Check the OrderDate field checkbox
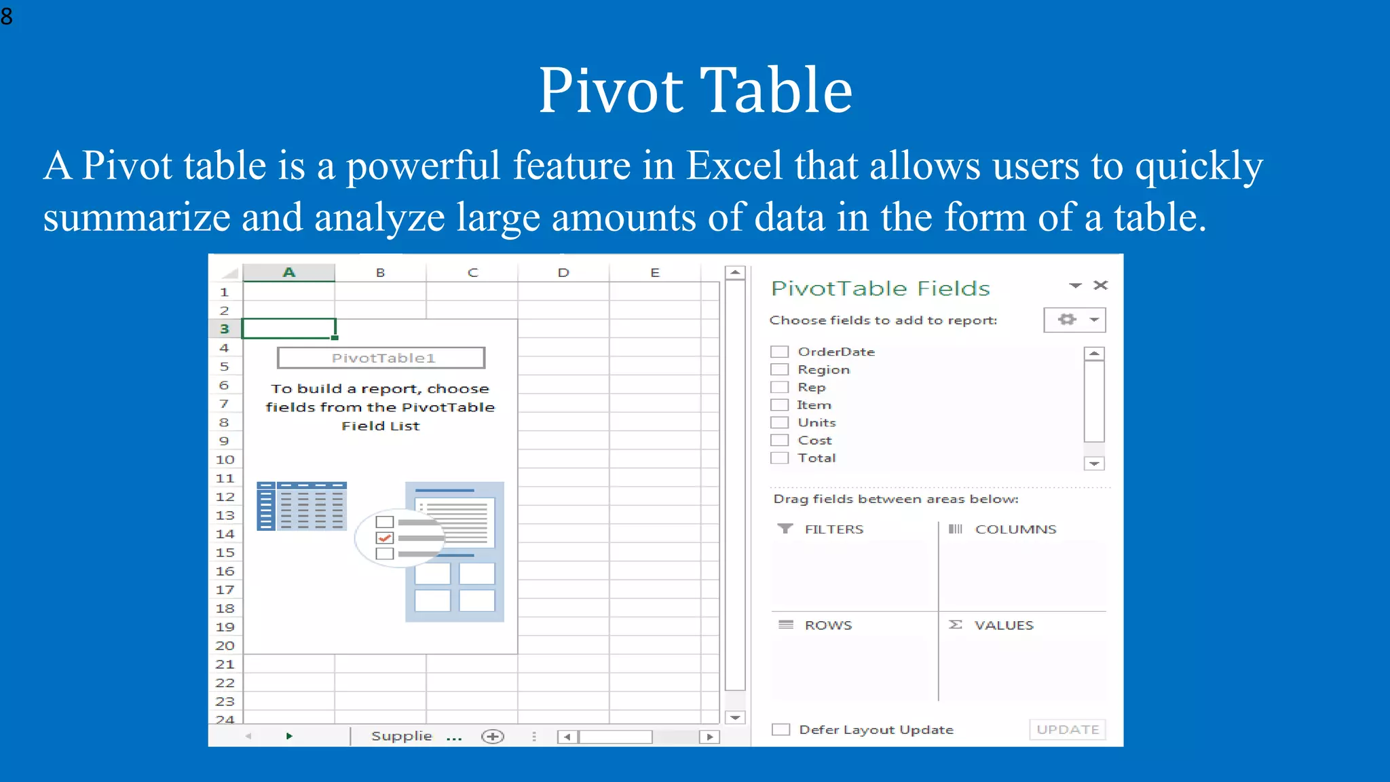(x=779, y=352)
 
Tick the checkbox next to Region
(x=779, y=369)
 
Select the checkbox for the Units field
(x=779, y=422)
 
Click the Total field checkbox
(x=779, y=458)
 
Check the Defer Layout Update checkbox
(x=781, y=729)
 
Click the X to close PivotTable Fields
(x=1100, y=285)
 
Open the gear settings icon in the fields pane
(x=1067, y=319)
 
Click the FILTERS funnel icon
(x=785, y=528)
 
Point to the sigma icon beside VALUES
(x=955, y=625)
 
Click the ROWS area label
(x=828, y=625)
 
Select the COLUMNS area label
(x=1015, y=529)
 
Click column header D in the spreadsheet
(x=563, y=273)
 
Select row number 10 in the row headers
(x=225, y=460)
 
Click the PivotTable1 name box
(x=381, y=358)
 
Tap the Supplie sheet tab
(x=401, y=736)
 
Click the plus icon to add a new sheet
(x=493, y=737)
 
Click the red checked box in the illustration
(x=385, y=538)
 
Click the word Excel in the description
(x=734, y=165)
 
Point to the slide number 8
(x=7, y=16)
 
